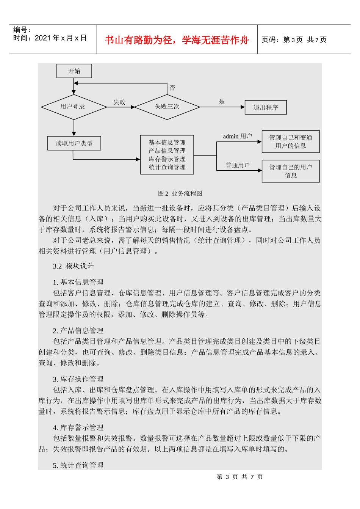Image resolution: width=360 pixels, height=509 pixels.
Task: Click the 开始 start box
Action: click(74, 71)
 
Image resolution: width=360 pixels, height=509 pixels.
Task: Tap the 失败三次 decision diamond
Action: click(167, 107)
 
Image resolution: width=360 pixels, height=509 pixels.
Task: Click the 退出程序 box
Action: click(266, 107)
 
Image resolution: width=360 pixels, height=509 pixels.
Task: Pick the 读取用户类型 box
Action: click(74, 143)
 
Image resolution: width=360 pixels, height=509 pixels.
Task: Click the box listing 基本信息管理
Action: click(167, 155)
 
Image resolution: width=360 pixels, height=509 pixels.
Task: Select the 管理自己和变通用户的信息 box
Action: click(291, 142)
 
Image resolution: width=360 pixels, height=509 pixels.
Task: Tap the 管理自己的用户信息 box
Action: click(291, 171)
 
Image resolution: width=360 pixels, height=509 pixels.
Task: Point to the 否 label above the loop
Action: click(172, 88)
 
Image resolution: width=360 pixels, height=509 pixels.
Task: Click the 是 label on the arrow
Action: click(222, 102)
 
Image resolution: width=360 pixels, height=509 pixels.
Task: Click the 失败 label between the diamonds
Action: click(119, 102)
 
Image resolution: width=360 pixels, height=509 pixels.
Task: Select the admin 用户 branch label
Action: click(237, 137)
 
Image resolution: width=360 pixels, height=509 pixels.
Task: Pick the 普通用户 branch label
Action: click(238, 165)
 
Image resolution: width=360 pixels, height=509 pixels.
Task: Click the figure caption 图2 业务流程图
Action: click(180, 193)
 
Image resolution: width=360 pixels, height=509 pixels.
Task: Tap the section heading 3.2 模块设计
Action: click(74, 266)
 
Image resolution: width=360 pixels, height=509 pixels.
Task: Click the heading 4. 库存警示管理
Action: click(78, 427)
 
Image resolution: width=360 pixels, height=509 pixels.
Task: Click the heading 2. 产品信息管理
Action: click(78, 330)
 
